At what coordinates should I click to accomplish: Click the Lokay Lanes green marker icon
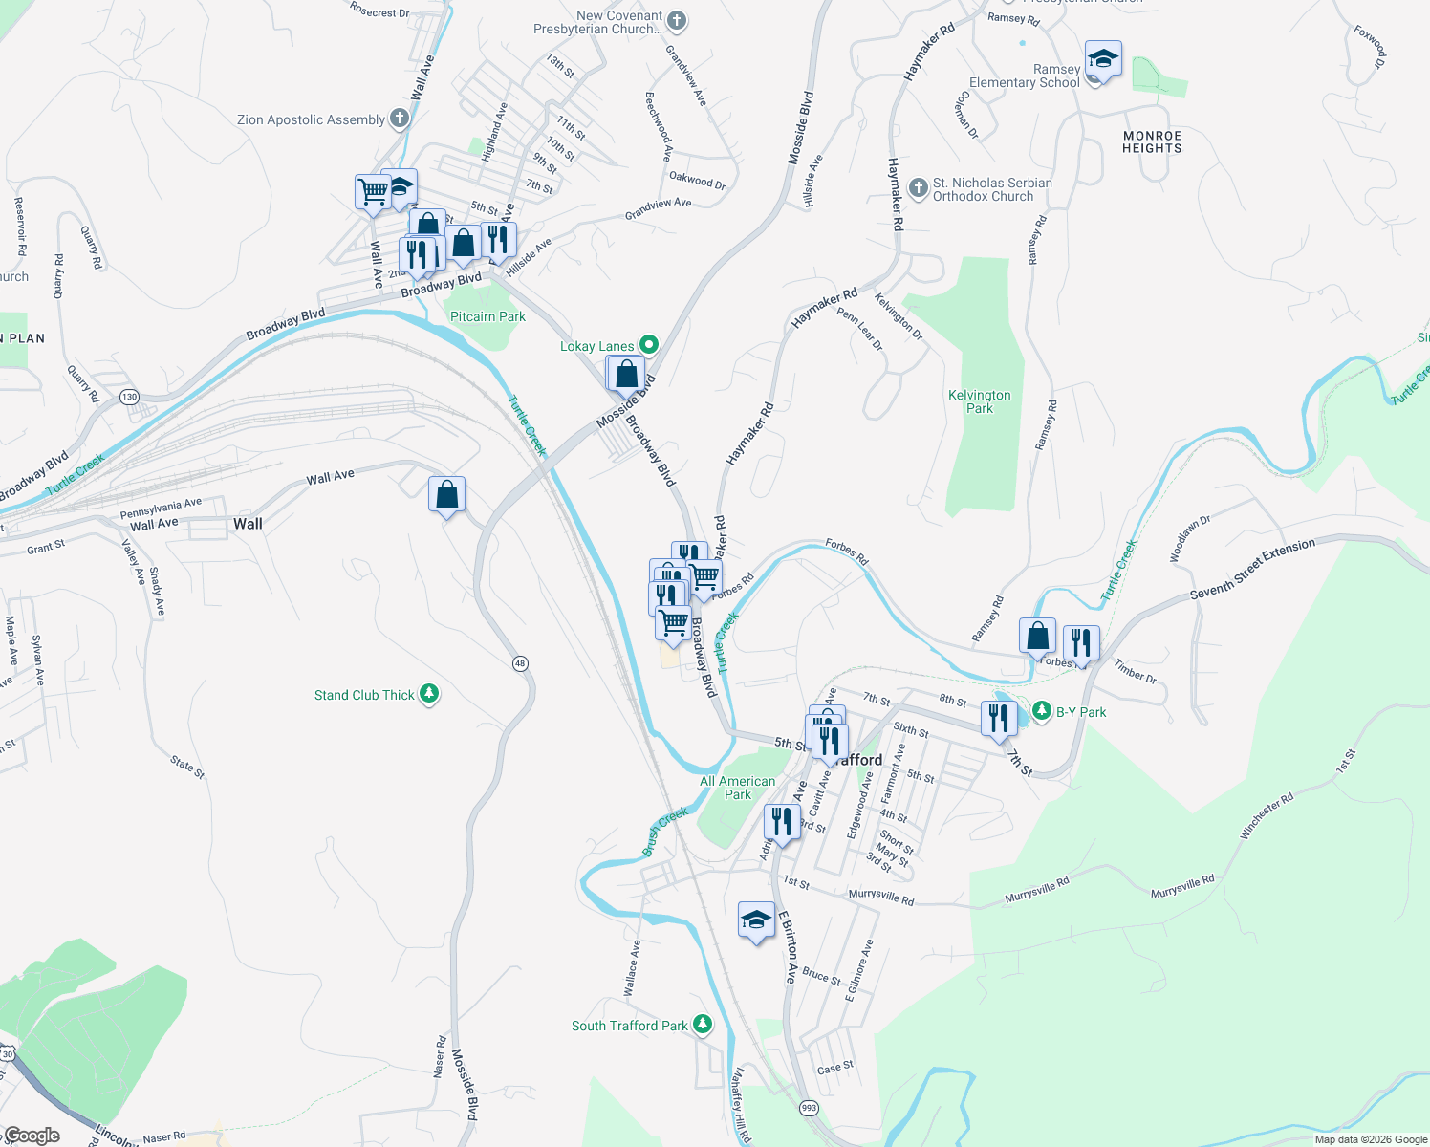(x=649, y=344)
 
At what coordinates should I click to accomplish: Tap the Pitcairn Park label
(x=487, y=316)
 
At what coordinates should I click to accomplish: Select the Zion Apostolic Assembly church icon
(x=400, y=119)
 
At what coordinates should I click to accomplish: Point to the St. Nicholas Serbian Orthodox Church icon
(x=919, y=188)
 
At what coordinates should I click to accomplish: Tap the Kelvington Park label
(x=979, y=401)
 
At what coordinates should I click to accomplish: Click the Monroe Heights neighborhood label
(x=1152, y=142)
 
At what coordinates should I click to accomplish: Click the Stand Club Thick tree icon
(x=429, y=694)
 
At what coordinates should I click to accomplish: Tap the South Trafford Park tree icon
(x=703, y=1025)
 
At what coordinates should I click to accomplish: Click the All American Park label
(x=737, y=788)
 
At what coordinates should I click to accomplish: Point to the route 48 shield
(x=520, y=663)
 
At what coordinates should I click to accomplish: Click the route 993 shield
(x=809, y=1107)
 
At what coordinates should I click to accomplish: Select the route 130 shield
(x=129, y=397)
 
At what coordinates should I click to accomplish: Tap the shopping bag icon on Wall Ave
(x=446, y=495)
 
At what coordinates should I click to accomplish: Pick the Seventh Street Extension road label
(x=1252, y=569)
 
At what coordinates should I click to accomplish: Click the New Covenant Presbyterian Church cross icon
(x=677, y=20)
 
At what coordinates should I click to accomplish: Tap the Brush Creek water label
(x=665, y=830)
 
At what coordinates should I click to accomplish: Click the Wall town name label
(x=248, y=524)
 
